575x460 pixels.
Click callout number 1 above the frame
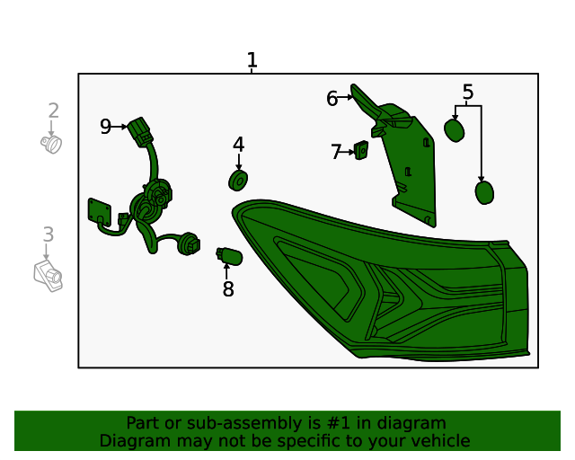[252, 60]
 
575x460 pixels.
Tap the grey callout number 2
[54, 111]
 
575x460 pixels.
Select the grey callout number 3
[48, 234]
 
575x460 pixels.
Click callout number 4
[238, 145]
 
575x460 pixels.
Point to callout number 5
[467, 92]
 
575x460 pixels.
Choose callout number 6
[332, 99]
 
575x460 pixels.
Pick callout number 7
[336, 153]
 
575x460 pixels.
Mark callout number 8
[228, 289]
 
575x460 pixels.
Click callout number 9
[105, 127]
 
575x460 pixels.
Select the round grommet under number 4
[238, 181]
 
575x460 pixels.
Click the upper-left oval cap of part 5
[455, 130]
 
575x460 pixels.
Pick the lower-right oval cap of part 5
[484, 192]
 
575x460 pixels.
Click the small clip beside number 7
[361, 151]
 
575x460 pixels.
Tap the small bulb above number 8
[228, 257]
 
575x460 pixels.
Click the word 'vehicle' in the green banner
[438, 440]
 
